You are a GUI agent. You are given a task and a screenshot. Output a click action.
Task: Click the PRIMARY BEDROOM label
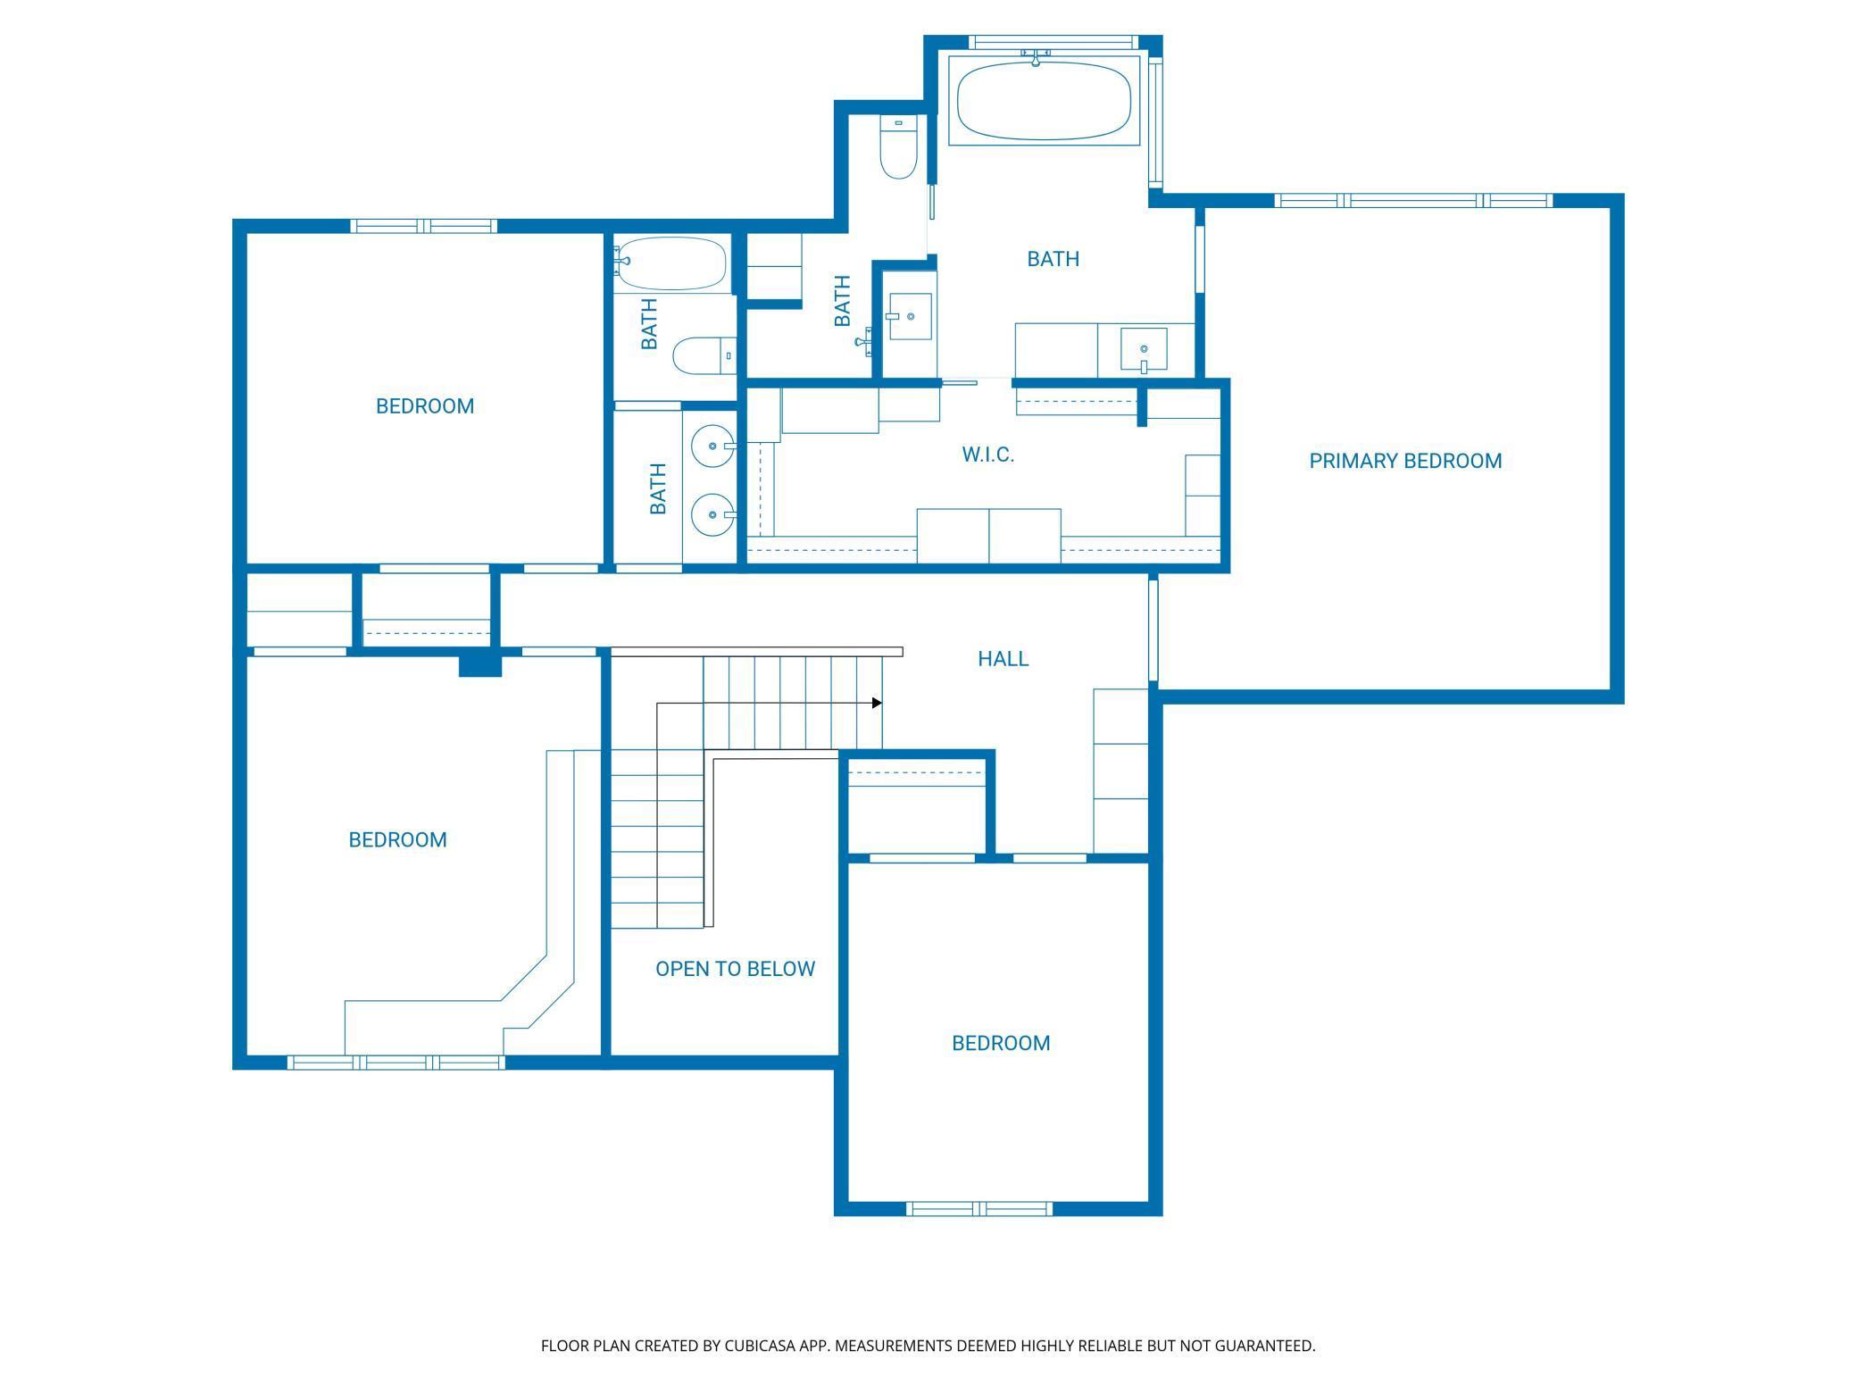[1405, 461]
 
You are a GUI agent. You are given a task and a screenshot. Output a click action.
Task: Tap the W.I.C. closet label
[987, 455]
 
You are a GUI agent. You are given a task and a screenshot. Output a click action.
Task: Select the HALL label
[1003, 659]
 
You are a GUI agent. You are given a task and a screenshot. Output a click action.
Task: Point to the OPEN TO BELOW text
[735, 969]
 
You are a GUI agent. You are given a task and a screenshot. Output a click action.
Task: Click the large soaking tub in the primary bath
[1044, 100]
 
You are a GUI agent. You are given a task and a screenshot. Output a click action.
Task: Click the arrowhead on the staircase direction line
[877, 703]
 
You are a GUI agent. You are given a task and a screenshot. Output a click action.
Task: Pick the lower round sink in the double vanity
[713, 515]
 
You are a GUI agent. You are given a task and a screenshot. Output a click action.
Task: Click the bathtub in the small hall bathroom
[670, 263]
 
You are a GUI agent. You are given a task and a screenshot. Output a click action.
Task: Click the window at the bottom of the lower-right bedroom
[979, 1208]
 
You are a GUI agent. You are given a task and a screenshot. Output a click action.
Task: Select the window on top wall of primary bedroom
[1413, 201]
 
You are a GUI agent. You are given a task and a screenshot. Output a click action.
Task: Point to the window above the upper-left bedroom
[423, 226]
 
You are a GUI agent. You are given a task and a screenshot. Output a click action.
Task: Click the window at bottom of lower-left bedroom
[396, 1063]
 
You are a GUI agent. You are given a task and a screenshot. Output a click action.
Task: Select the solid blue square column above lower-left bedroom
[480, 665]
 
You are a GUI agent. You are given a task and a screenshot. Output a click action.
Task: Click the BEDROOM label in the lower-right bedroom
[1001, 1043]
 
